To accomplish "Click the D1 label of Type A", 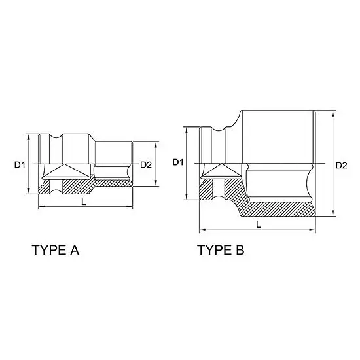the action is coord(20,164).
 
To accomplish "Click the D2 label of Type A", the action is coord(146,164).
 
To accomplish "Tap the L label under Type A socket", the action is coord(84,202).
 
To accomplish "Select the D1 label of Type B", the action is coord(178,162).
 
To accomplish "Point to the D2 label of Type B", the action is coord(342,166).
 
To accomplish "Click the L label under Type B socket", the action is coord(259,225).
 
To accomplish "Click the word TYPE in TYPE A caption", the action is coord(50,250).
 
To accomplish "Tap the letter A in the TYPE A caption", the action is coord(75,250).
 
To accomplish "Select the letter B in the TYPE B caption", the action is coord(240,250).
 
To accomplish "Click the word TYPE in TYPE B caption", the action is coord(215,250).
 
